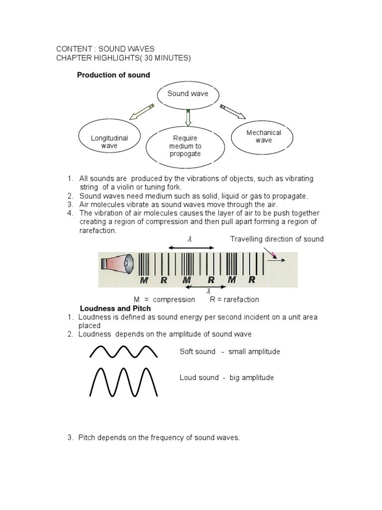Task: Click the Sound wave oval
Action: click(x=188, y=94)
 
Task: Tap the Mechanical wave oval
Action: click(x=264, y=136)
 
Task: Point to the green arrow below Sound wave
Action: click(x=188, y=119)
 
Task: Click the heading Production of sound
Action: click(x=113, y=75)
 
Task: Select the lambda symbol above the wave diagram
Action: click(x=189, y=240)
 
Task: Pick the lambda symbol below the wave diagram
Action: click(x=209, y=291)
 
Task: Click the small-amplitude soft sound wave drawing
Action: click(x=123, y=352)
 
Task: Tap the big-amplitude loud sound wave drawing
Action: click(x=123, y=382)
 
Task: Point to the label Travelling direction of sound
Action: click(x=277, y=239)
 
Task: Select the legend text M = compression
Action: click(x=165, y=300)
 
